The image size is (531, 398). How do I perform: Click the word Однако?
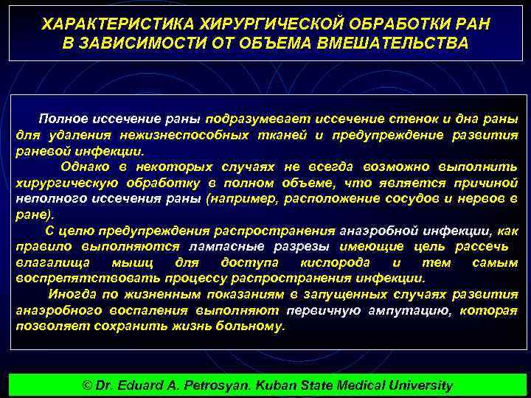click(84, 167)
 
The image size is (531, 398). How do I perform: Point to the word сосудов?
click(410, 198)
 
